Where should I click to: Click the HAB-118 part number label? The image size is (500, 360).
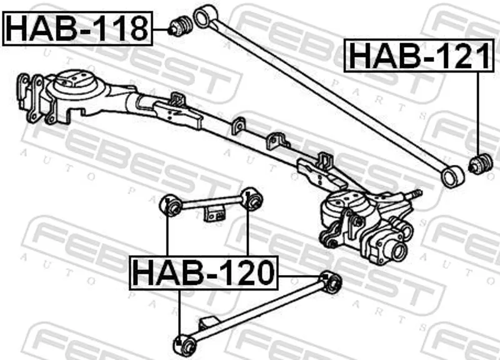pyautogui.click(x=77, y=29)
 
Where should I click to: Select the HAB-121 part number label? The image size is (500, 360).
pyautogui.click(x=419, y=56)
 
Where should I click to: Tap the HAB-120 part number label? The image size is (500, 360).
pyautogui.click(x=204, y=273)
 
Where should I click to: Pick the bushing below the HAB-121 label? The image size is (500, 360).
pyautogui.click(x=481, y=164)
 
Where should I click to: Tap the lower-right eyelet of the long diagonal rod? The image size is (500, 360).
pyautogui.click(x=452, y=176)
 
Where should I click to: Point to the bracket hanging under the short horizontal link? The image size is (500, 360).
pyautogui.click(x=214, y=213)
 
